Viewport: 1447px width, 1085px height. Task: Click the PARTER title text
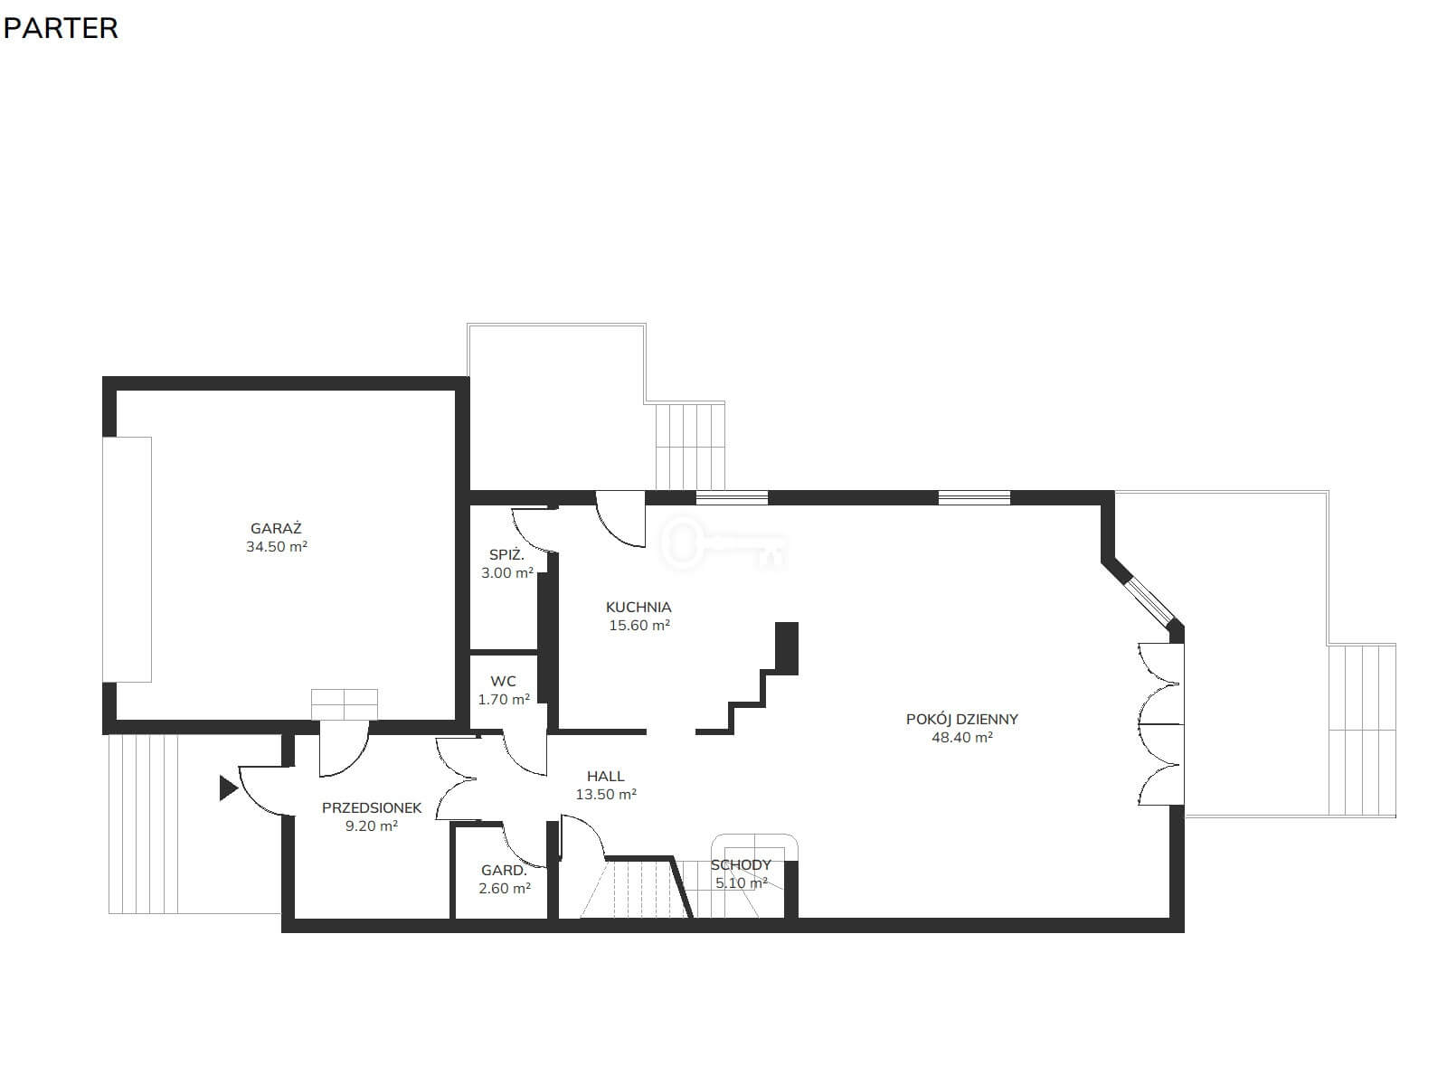[x=61, y=28]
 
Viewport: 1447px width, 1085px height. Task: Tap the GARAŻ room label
[x=276, y=528]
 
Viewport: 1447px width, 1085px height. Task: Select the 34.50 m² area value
[x=277, y=546]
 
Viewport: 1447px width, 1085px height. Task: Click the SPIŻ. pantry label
[x=506, y=554]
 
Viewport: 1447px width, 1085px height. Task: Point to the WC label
[x=503, y=681]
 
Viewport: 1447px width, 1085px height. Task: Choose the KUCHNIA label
[x=638, y=607]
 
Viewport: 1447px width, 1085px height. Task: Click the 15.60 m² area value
[x=639, y=625]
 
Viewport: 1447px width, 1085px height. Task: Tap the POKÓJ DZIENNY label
[x=962, y=719]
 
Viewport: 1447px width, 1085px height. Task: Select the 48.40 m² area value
[x=962, y=737]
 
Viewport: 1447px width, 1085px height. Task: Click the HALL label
[x=605, y=776]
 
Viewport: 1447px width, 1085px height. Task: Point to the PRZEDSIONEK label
[x=371, y=807]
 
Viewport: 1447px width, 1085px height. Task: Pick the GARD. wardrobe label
[x=504, y=870]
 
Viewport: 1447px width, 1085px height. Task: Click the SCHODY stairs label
[x=741, y=865]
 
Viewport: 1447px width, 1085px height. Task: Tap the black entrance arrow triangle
[x=228, y=788]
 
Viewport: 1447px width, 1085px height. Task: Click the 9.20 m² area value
[x=371, y=826]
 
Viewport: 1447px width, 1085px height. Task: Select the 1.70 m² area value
[x=504, y=699]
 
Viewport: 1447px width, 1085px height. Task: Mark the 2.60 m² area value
[x=505, y=888]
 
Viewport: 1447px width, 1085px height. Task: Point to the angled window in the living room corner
[x=1149, y=600]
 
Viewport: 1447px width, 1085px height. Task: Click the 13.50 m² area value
[x=606, y=795]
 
